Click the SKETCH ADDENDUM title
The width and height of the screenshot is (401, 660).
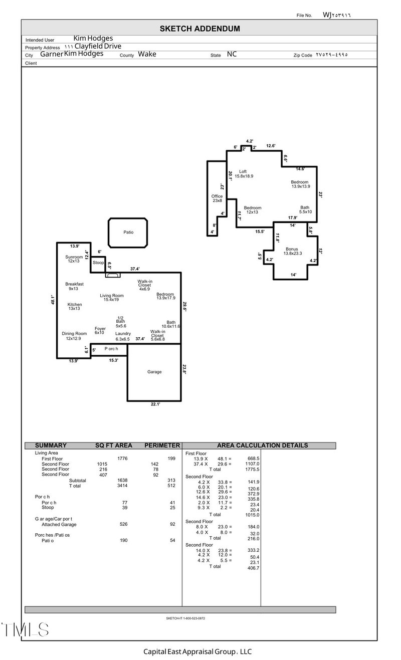coord(199,29)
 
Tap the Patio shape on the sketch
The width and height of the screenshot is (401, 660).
coord(128,233)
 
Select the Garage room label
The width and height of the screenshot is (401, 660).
coord(154,372)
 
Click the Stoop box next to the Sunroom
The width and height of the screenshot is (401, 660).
coord(98,263)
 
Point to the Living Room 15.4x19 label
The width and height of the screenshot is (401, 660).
coord(111,298)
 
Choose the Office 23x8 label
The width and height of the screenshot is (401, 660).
coord(217,198)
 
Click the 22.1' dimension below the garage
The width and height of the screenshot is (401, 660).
coord(155,404)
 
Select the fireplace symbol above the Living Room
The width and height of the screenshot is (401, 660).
coord(113,275)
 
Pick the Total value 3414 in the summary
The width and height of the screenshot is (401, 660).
coord(123,486)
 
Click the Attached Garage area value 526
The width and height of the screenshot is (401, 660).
coord(123,524)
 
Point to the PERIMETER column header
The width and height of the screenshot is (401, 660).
coord(162,445)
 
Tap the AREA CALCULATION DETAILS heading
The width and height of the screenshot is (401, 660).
coord(262,445)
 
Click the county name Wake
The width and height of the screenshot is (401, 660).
coord(147,54)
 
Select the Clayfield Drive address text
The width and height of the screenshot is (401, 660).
coord(98,46)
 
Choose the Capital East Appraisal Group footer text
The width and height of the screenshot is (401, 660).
coord(197,651)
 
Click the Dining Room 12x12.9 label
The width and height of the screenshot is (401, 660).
coord(74,336)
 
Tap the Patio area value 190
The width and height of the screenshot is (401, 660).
coord(123,540)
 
